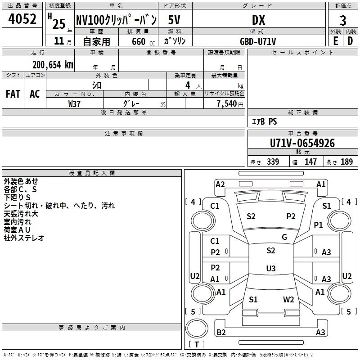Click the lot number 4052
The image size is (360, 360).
22,19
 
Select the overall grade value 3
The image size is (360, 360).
343,20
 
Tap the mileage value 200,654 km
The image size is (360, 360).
53,65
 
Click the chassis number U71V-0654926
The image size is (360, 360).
302,143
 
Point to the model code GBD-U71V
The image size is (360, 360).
258,41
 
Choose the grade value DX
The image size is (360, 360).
258,20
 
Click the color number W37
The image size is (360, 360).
74,104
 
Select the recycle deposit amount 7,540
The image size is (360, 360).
227,103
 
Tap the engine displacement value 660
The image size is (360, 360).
139,41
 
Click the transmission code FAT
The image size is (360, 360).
13,94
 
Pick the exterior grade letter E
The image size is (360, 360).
335,41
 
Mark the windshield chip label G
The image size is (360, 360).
284,237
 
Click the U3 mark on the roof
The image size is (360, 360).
271,268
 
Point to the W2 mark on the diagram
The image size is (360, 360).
288,299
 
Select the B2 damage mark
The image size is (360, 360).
221,332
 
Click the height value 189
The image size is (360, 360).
346,162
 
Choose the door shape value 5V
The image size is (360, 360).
174,20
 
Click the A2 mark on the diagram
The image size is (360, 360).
220,184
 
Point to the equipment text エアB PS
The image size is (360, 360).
264,121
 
